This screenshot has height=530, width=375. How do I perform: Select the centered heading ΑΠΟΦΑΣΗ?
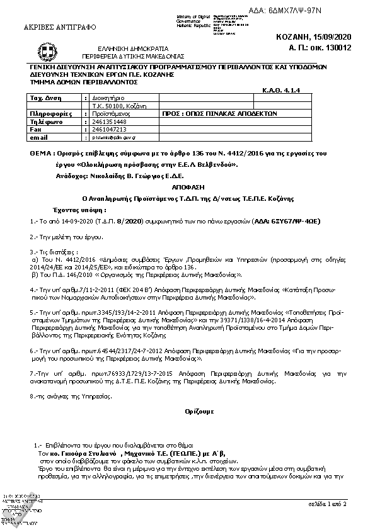[187, 188]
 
